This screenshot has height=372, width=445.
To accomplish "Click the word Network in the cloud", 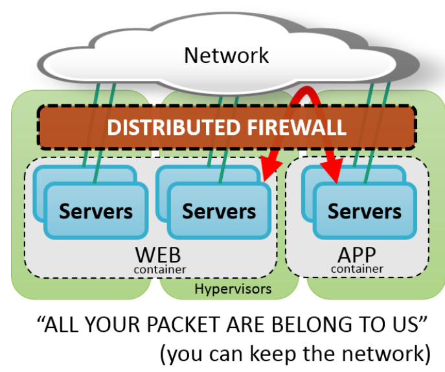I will click(226, 55).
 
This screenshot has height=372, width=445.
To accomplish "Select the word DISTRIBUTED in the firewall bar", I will click(165, 127).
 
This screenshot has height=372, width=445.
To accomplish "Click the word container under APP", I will click(357, 268).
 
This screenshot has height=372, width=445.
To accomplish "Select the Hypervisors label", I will click(233, 288).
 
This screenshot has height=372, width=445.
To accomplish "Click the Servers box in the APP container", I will click(364, 211).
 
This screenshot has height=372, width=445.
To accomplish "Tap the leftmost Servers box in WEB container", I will click(96, 211).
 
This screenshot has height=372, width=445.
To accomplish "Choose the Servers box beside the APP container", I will click(219, 211).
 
